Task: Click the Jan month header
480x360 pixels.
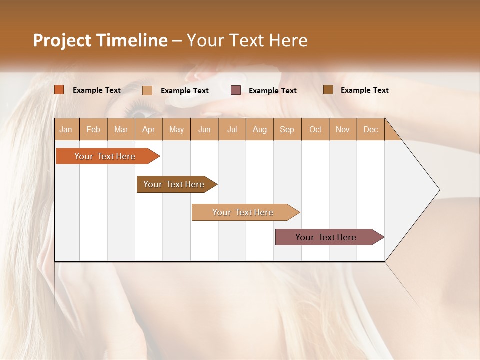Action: click(66, 130)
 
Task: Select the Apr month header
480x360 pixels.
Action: click(148, 130)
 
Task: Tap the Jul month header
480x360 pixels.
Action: click(232, 130)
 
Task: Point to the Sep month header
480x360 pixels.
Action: click(287, 130)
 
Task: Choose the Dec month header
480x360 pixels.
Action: click(370, 130)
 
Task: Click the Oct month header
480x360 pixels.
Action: click(315, 130)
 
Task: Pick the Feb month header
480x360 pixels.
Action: click(93, 130)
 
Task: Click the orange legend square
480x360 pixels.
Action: click(59, 90)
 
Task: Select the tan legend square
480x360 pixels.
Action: click(147, 90)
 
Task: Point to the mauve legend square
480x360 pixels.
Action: click(236, 90)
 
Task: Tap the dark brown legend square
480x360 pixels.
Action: click(328, 90)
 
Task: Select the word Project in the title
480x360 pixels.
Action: click(62, 40)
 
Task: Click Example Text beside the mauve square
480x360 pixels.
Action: click(272, 91)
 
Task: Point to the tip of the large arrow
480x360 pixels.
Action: click(439, 190)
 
